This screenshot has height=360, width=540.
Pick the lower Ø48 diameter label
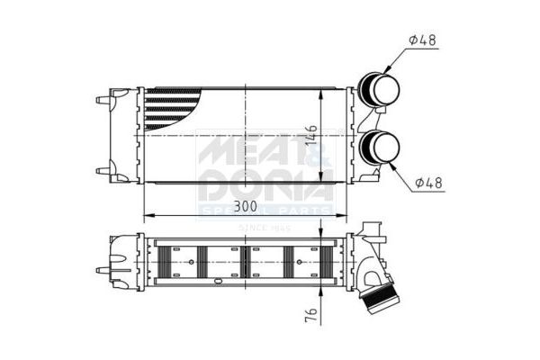tap(429, 183)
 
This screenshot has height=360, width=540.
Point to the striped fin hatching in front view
tap(171, 108)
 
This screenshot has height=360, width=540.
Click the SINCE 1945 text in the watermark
tap(261, 229)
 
